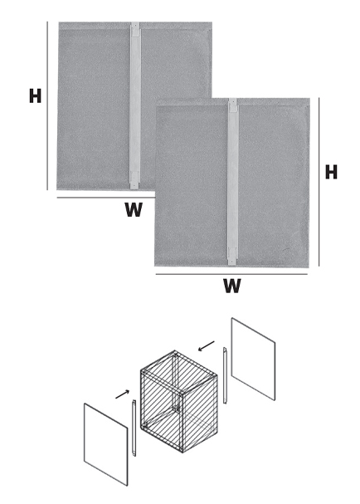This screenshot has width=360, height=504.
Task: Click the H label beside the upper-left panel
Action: pyautogui.click(x=36, y=95)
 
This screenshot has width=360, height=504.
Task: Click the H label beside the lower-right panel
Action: pyautogui.click(x=331, y=172)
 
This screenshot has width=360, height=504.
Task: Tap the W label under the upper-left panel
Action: pyautogui.click(x=134, y=209)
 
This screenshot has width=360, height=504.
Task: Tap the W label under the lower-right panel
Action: pyautogui.click(x=232, y=286)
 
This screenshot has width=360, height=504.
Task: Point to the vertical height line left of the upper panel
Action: pyautogui.click(x=47, y=105)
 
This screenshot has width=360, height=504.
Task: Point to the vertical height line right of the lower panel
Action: pyautogui.click(x=319, y=182)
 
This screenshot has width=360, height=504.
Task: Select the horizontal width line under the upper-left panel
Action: pyautogui.click(x=106, y=198)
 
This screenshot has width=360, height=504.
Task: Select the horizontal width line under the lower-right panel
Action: pyautogui.click(x=231, y=274)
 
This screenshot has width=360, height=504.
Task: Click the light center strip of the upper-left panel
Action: pyautogui.click(x=135, y=105)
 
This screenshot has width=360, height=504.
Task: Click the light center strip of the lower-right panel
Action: pyautogui.click(x=233, y=182)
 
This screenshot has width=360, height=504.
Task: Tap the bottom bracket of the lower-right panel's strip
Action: pyautogui.click(x=233, y=257)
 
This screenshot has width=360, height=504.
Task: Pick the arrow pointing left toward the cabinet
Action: pyautogui.click(x=207, y=346)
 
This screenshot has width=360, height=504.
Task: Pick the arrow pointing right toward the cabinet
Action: pyautogui.click(x=123, y=394)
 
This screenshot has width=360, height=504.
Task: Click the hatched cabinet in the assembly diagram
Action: pyautogui.click(x=178, y=402)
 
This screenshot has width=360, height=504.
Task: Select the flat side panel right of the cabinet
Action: pyautogui.click(x=253, y=359)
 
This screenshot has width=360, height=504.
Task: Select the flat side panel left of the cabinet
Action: pyautogui.click(x=106, y=444)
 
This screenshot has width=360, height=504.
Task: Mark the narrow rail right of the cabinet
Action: pyautogui.click(x=225, y=375)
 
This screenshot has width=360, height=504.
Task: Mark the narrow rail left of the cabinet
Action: pyautogui.click(x=134, y=428)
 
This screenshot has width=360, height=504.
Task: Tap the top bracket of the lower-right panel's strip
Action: pyautogui.click(x=233, y=105)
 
